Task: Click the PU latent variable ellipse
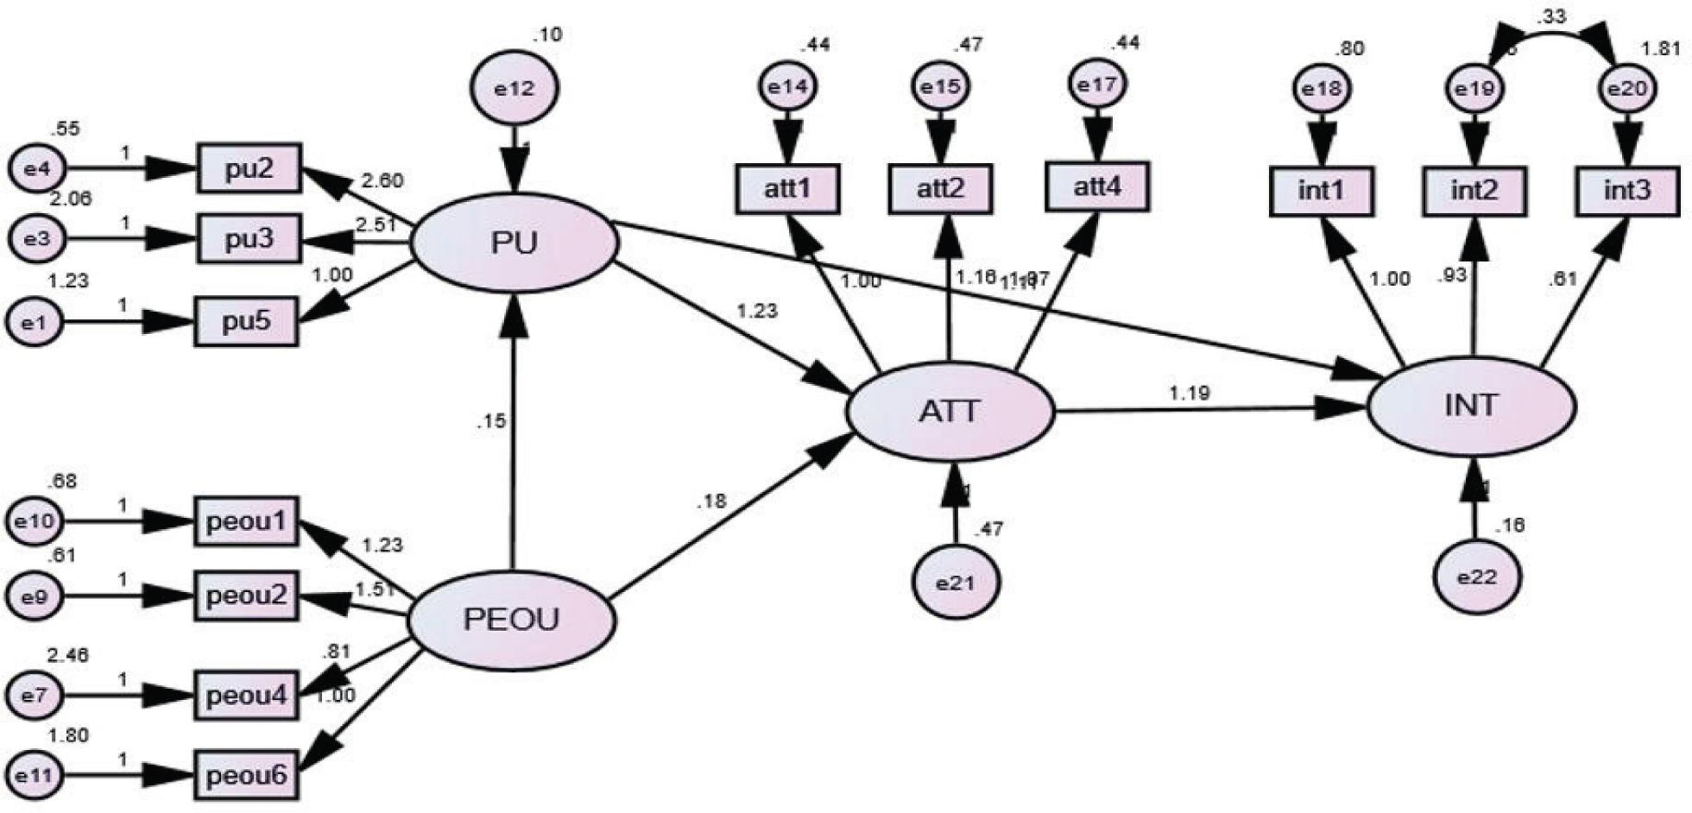coord(515,243)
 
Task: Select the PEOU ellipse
coord(511,620)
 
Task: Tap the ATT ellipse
coord(950,412)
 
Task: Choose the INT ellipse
coord(1472,406)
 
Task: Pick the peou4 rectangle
coord(246,694)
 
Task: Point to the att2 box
coord(941,189)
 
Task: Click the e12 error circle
coord(515,88)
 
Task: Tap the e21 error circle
coord(956,583)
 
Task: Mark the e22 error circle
coord(1477,577)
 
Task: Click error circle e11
coord(35,775)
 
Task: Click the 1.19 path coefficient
coord(1190,394)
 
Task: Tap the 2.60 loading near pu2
coord(381,181)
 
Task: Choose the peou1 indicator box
coord(246,521)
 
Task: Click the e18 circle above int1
coord(1321,89)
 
